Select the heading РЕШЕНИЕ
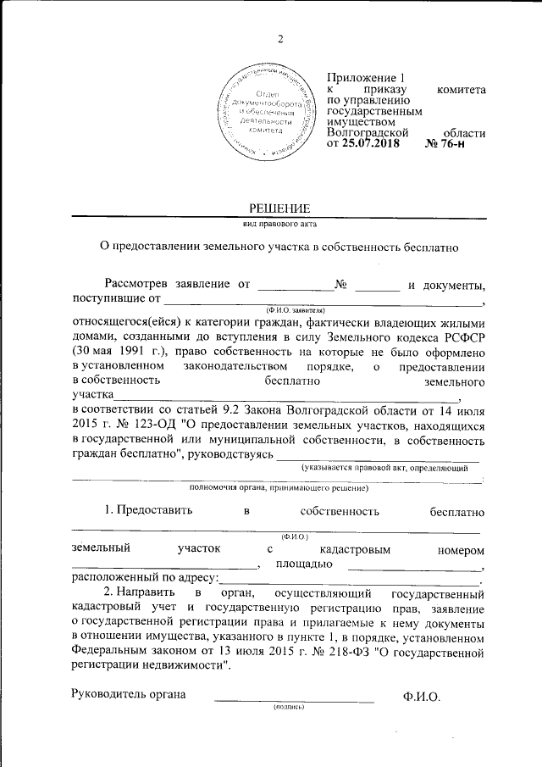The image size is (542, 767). tap(279, 208)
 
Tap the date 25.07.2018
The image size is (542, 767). tap(372, 145)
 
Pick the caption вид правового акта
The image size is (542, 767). tap(279, 224)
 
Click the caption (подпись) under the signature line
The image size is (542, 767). tap(288, 707)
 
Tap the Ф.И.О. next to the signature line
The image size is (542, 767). tap(422, 697)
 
